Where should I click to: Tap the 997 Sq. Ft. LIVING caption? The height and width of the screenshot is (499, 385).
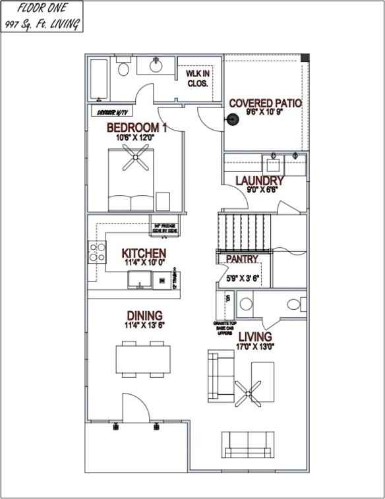point(42,25)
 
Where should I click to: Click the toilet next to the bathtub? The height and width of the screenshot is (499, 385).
point(123,69)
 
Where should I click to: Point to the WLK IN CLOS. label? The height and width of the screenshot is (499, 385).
point(197,79)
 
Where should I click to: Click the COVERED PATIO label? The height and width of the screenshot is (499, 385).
point(265,103)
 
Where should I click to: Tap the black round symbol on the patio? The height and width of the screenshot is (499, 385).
point(231,119)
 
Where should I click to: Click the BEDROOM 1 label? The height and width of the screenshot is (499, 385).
point(136,127)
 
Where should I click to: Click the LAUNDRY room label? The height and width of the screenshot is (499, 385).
point(260,181)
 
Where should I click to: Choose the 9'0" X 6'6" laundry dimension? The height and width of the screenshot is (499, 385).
point(262,190)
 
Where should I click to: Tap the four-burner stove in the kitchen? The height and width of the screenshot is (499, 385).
point(98,252)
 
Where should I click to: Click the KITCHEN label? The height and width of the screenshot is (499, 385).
point(144,253)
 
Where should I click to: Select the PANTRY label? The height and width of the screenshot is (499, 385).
point(242,259)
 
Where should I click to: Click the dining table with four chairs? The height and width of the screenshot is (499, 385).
point(140,359)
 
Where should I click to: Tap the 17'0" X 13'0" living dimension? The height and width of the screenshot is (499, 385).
point(255,346)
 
